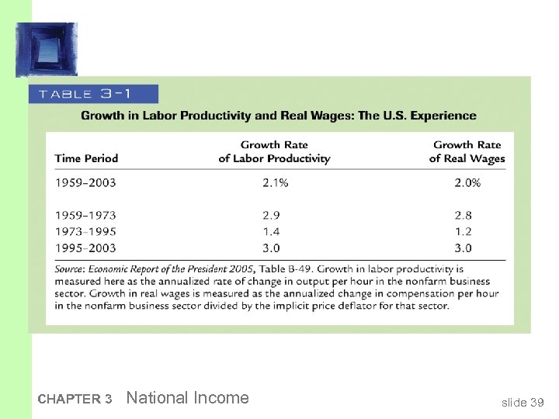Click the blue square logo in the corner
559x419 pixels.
coord(47,49)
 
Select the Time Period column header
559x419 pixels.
coord(86,158)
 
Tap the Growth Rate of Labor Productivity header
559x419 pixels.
coord(274,151)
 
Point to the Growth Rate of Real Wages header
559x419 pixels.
coord(467,151)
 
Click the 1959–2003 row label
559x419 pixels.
coord(85,183)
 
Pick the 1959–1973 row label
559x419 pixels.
coord(85,215)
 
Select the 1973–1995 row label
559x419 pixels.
coord(85,231)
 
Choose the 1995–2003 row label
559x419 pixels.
coord(85,248)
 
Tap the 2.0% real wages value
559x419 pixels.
coord(467,183)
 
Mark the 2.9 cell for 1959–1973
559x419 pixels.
coord(271,215)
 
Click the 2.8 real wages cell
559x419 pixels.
coord(464,215)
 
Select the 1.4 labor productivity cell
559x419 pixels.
coord(271,231)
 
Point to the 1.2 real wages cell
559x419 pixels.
coord(464,231)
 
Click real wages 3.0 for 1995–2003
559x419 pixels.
coord(464,248)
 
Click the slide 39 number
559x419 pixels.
coord(523,402)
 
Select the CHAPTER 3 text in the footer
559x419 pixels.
coord(75,400)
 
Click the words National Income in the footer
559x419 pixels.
coord(187,398)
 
